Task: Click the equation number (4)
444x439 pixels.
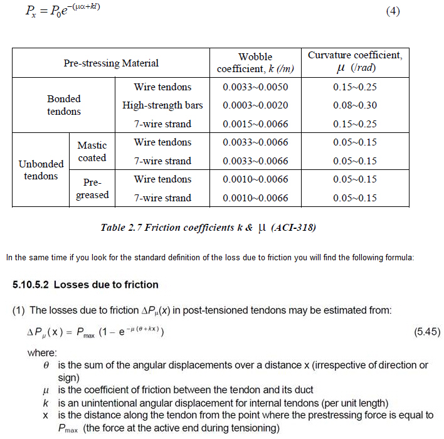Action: (393, 12)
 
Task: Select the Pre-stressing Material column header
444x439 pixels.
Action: (111, 63)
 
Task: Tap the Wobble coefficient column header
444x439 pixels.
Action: (255, 63)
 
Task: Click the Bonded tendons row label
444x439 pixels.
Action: (64, 105)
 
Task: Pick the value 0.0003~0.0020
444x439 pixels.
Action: (255, 105)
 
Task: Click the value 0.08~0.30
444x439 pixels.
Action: (355, 105)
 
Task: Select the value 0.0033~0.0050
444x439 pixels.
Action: (255, 87)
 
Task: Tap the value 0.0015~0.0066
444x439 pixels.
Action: (255, 124)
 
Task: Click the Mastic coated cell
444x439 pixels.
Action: (92, 151)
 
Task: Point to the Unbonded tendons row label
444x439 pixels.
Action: (41, 170)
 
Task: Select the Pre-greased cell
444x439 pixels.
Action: (92, 189)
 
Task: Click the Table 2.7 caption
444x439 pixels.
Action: (208, 227)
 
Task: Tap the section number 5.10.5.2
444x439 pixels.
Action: (31, 285)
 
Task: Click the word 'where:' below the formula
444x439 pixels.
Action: (42, 352)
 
